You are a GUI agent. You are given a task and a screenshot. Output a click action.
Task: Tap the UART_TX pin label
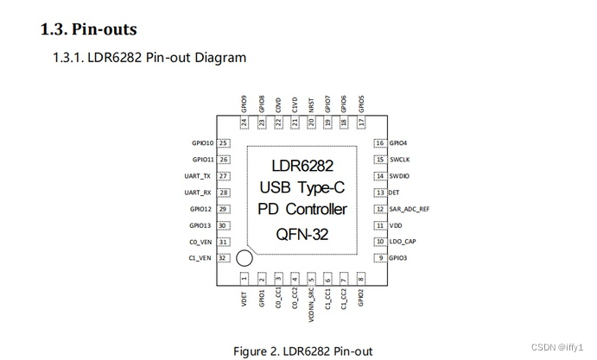[198, 176]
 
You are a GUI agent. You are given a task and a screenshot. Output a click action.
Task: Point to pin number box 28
[223, 193]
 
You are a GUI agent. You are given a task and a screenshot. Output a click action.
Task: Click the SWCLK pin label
[400, 160]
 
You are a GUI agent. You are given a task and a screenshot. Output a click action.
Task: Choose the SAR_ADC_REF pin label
[409, 209]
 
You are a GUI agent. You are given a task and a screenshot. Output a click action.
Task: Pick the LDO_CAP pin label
[403, 242]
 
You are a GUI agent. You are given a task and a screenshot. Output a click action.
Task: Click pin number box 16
[379, 143]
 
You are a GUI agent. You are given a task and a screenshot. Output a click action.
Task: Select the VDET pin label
[245, 300]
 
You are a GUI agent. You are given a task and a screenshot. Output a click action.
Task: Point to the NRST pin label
[311, 104]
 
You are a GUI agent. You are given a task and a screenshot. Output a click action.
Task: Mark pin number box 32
[223, 258]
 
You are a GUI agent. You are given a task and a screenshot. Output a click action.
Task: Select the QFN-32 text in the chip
[302, 233]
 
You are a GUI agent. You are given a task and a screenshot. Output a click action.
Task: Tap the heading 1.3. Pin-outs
[88, 29]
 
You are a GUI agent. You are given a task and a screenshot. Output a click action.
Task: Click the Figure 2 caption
[302, 351]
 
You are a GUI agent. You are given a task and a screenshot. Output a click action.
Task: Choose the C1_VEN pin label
[200, 258]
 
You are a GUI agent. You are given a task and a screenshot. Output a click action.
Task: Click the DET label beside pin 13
[394, 193]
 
